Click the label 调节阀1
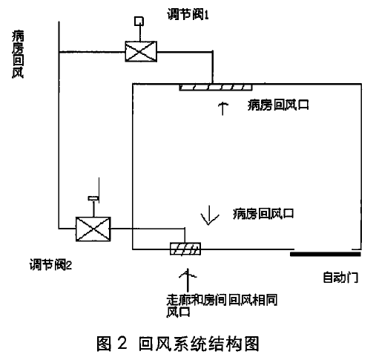(188, 14)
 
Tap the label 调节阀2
(50, 265)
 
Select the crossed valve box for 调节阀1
(141, 51)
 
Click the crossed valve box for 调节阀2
(93, 229)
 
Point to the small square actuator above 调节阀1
(139, 22)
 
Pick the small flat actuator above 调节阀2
(93, 198)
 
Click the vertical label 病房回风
(18, 54)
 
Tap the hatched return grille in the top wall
(216, 88)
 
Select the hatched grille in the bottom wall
(185, 249)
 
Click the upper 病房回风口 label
(278, 105)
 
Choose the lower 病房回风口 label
(263, 214)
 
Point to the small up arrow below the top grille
(223, 108)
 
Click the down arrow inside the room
(210, 215)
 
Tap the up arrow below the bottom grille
(188, 280)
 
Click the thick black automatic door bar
(326, 254)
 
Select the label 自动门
(340, 277)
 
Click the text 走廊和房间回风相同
(222, 300)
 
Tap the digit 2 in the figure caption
(122, 343)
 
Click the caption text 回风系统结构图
(199, 344)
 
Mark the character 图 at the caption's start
(104, 344)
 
